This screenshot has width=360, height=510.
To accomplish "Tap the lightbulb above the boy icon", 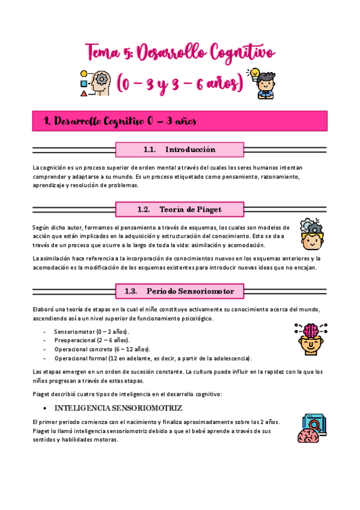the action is coord(255,73).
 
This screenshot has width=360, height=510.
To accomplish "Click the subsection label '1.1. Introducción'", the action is coord(179,149).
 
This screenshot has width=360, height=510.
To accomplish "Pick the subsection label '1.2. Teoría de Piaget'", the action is coord(179,209).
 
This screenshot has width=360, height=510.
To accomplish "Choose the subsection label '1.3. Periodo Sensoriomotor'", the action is coord(179,291).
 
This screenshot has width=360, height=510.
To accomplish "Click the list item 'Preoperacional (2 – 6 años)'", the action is coord(91,340).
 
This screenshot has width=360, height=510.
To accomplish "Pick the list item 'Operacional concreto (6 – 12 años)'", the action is coord(102,349).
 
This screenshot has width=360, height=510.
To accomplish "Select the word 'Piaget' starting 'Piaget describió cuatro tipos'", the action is coord(42,394).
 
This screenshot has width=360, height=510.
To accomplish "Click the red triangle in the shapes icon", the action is coord(84,93).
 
